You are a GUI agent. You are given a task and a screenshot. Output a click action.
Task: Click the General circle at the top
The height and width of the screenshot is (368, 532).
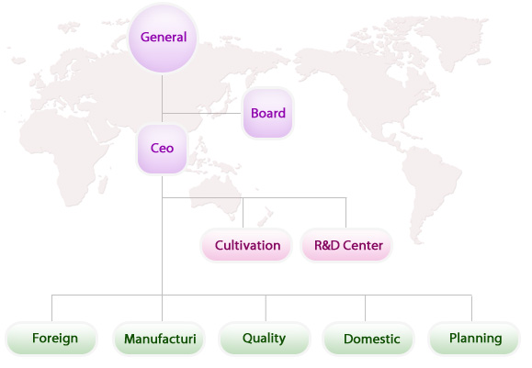[x=163, y=38]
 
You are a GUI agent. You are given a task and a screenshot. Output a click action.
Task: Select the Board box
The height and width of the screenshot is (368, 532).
[x=267, y=113]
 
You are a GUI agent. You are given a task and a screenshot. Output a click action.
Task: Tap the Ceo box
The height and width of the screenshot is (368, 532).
[x=162, y=149]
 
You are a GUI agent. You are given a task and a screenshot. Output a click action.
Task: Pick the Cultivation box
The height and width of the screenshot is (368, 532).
[x=246, y=245]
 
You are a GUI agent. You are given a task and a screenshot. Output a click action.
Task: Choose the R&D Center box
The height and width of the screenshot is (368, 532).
[x=346, y=245]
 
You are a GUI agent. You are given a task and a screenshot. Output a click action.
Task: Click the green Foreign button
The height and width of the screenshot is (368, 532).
[x=51, y=339]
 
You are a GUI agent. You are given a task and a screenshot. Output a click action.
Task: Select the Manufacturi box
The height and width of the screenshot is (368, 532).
[x=159, y=339]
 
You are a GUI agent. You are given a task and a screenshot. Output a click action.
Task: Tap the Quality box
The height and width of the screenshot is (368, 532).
[x=265, y=339]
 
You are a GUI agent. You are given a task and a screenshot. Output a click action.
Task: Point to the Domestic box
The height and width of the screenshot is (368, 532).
[x=368, y=339]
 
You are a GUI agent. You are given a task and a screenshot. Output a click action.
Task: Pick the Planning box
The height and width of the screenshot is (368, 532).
[x=474, y=339]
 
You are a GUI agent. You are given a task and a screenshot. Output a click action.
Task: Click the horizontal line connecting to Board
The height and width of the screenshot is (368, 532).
[x=202, y=113]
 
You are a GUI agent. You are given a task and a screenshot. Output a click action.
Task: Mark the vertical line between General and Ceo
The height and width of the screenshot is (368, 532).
[x=163, y=98]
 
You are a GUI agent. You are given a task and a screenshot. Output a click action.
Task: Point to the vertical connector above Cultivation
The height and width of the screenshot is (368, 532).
[x=243, y=213]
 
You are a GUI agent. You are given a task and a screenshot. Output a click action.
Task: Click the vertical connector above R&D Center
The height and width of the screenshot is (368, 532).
[x=346, y=213]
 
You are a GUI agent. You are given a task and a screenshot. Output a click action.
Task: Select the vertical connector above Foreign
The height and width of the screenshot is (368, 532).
[x=51, y=308]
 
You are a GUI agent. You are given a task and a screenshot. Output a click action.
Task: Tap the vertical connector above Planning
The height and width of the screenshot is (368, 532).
[x=471, y=308]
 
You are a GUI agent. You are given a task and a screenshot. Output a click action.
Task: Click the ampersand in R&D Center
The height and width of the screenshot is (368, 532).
[x=325, y=245]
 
